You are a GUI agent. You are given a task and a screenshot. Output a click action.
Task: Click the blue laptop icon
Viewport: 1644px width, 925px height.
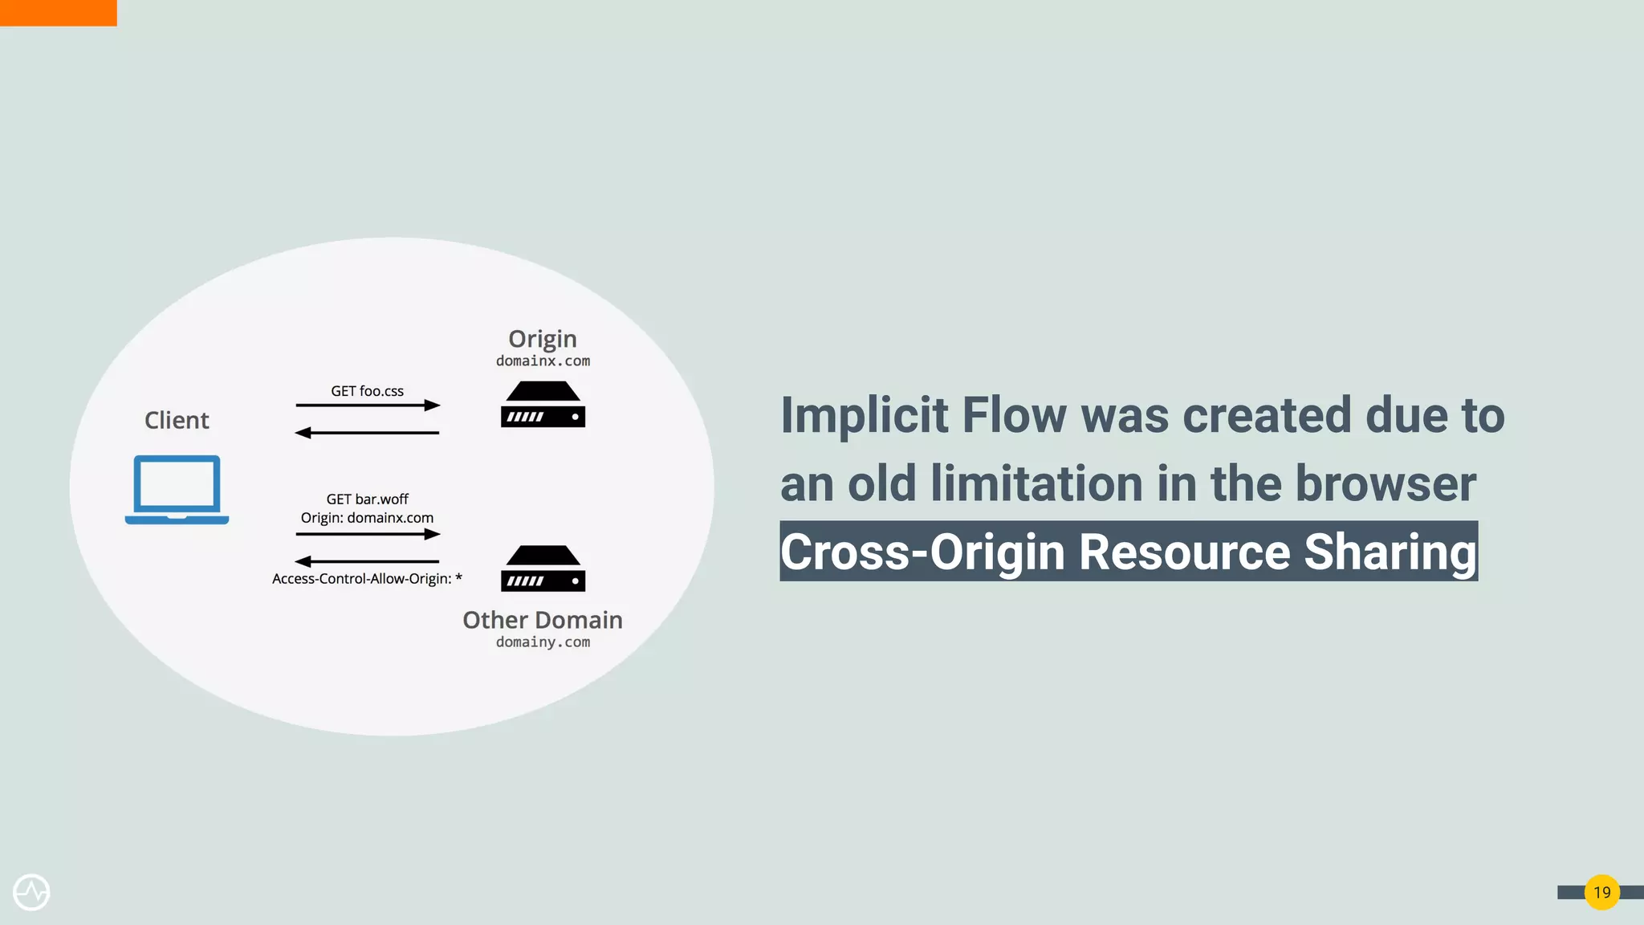(x=177, y=489)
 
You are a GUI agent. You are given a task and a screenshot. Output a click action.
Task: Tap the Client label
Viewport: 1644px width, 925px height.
(x=177, y=420)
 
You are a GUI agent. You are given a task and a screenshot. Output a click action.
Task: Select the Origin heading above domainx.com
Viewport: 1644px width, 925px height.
(x=543, y=339)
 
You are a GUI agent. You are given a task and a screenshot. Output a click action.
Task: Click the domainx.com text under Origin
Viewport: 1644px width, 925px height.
(x=543, y=361)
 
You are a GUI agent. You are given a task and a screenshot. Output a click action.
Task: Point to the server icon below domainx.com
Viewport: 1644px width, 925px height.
(x=543, y=405)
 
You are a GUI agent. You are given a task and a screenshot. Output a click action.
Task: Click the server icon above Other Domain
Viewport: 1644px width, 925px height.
(x=543, y=568)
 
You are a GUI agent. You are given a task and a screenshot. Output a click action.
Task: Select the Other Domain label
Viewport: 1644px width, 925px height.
(x=543, y=620)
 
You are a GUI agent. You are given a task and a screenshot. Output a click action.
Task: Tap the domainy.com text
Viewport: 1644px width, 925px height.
(x=543, y=642)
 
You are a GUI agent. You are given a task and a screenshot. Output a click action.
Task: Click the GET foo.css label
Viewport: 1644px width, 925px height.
(x=368, y=391)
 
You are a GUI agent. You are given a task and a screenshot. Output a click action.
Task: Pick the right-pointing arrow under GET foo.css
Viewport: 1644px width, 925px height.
(x=368, y=405)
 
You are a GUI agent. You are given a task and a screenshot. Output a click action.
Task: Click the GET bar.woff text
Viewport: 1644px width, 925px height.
(x=368, y=499)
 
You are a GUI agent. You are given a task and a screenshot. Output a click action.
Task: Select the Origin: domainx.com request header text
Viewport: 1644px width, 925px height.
(x=367, y=518)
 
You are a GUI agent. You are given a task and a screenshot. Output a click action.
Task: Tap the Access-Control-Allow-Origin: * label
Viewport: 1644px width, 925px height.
(x=367, y=579)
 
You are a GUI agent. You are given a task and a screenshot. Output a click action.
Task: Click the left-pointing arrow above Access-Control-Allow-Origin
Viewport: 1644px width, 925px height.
(x=368, y=561)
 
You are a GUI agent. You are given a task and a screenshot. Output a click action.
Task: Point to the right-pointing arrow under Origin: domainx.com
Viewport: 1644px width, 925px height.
(x=368, y=534)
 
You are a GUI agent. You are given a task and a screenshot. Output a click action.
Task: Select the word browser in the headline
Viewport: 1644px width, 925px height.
(x=1386, y=484)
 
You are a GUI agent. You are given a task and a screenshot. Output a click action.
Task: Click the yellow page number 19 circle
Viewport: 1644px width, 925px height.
(x=1601, y=892)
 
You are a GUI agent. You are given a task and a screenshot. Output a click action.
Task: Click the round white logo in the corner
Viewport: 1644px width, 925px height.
(x=31, y=892)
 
